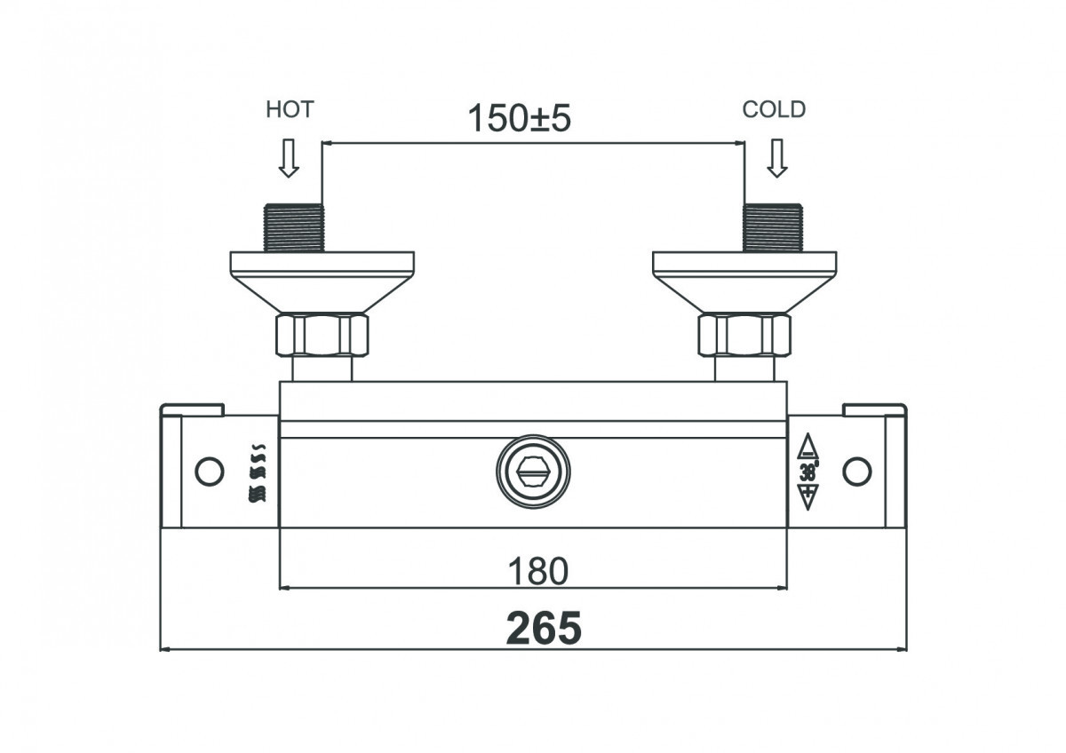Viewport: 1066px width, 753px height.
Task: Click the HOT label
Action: (x=290, y=109)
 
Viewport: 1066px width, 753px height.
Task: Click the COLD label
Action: (x=774, y=109)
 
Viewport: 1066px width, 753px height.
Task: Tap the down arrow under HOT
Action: (x=289, y=158)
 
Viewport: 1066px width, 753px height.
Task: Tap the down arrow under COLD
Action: (x=777, y=158)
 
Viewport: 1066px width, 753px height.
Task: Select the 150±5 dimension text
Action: (x=519, y=118)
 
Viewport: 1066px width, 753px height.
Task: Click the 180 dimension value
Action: (x=538, y=571)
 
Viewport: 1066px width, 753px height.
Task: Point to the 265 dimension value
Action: (x=544, y=628)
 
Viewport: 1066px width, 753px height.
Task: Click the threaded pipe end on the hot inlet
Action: (x=294, y=228)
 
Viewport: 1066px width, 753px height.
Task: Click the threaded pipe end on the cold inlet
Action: (x=773, y=228)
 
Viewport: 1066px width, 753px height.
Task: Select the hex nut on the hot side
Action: (x=322, y=335)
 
